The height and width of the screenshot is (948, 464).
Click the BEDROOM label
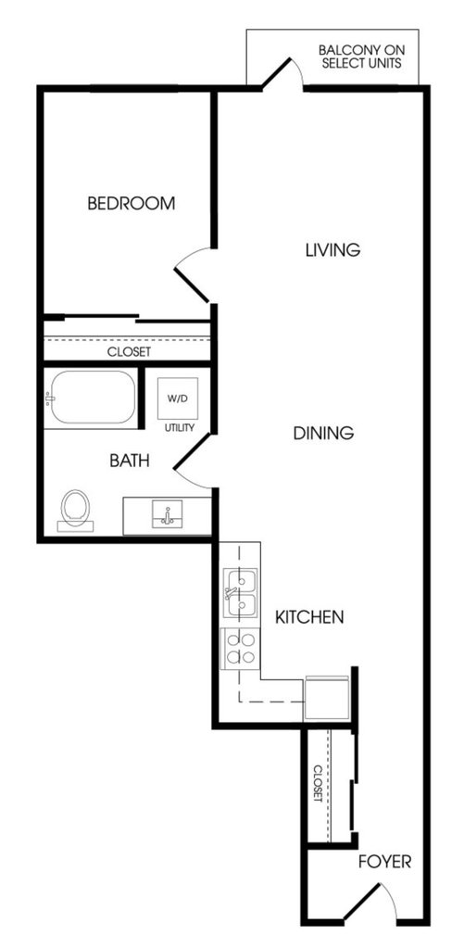(132, 203)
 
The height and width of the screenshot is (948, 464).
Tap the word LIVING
(332, 249)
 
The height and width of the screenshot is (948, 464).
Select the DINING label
(322, 433)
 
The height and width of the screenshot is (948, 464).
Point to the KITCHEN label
(309, 617)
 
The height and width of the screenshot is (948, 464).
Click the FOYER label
(385, 862)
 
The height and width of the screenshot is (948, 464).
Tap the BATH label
(130, 461)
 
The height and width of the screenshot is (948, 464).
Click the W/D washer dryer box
(178, 398)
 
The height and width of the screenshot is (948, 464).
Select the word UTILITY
(180, 428)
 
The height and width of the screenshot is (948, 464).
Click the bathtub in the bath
(92, 398)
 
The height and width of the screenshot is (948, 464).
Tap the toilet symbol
(76, 510)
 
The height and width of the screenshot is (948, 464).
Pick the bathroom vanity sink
(168, 514)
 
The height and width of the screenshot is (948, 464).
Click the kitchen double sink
(240, 593)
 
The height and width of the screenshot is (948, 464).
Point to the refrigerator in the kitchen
(326, 698)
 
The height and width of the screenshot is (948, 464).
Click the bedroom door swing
(192, 276)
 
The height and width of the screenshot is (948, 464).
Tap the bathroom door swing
(192, 460)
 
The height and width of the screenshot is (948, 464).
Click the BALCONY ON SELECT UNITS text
(361, 57)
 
